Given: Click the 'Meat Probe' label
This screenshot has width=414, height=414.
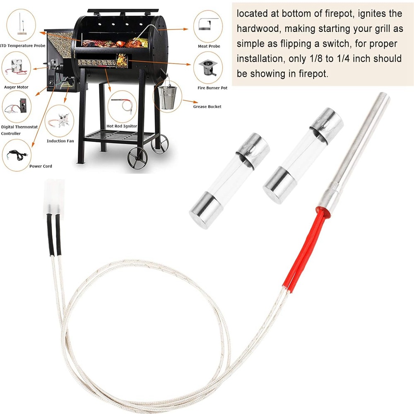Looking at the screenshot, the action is point(209,46).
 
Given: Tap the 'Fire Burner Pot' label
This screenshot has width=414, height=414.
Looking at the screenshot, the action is point(212,88).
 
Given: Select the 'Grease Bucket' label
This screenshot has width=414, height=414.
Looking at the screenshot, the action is point(207,107).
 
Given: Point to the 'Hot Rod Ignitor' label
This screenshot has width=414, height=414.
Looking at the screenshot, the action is point(122,126).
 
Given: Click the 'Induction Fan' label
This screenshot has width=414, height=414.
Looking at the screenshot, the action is point(60,141).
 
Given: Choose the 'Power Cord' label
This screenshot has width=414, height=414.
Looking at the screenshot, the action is point(41,166).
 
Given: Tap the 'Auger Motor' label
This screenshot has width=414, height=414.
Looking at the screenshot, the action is point(16,87).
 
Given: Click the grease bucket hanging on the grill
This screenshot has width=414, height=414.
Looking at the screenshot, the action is point(167,95).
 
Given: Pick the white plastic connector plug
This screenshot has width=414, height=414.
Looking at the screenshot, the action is point(54,196).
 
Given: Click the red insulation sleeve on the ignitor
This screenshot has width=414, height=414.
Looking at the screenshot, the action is point(301,251).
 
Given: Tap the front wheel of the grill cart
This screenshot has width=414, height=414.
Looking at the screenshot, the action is point(137,156).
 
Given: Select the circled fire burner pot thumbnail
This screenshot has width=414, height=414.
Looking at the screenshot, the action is point(208,68).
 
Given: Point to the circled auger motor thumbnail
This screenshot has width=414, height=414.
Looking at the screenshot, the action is point(17,67).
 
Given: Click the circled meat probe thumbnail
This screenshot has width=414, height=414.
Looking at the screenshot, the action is point(208,26).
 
